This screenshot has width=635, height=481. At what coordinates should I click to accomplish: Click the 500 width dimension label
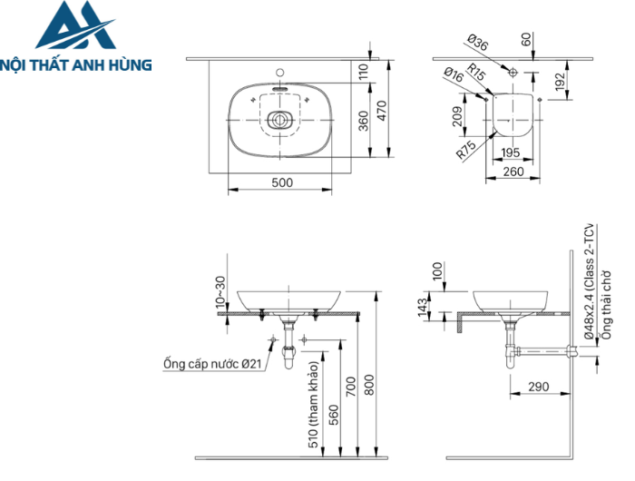click(x=281, y=182)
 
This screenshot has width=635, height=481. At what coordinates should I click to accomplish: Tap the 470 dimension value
click(x=383, y=110)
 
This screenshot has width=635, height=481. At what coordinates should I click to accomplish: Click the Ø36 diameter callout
click(x=478, y=42)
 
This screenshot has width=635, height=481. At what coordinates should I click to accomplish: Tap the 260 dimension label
click(x=513, y=171)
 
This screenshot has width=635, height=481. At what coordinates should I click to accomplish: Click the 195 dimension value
click(x=512, y=152)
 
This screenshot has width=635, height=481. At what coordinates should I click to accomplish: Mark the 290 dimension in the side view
click(x=539, y=388)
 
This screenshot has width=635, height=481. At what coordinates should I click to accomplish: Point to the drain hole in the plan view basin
click(x=280, y=118)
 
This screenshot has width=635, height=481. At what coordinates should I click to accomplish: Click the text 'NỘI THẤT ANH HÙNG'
click(x=76, y=65)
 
